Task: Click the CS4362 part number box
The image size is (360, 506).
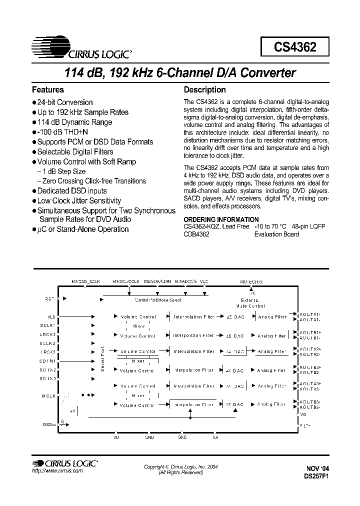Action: [294, 47]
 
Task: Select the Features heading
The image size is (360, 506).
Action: [48, 90]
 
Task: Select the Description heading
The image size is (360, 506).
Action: [205, 90]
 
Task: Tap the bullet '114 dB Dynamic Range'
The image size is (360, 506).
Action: [74, 122]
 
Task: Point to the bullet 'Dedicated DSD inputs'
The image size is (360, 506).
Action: [72, 191]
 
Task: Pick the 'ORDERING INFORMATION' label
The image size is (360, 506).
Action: [221, 220]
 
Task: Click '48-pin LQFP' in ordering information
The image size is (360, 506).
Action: [308, 227]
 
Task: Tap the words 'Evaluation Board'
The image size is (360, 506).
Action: [277, 234]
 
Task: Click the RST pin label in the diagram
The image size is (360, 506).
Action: [49, 299]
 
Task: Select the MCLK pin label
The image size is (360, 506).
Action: [48, 395]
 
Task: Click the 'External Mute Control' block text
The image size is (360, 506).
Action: [250, 302]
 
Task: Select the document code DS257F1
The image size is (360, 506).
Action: [315, 476]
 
